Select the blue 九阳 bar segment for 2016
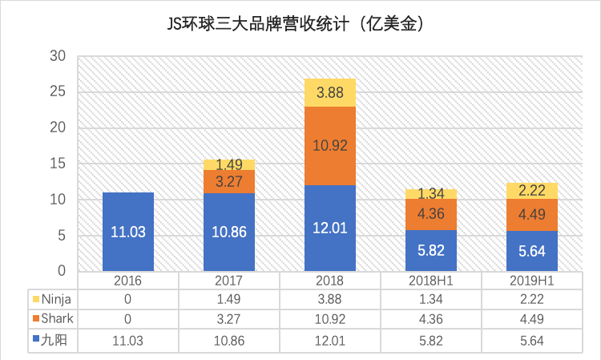(x=128, y=232)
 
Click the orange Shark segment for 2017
(x=229, y=182)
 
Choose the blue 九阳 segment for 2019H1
(x=532, y=250)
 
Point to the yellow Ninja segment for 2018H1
(x=431, y=194)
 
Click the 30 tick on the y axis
(x=57, y=56)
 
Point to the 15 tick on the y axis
(x=57, y=164)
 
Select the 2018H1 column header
(x=431, y=281)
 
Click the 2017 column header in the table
(x=229, y=281)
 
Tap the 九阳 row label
(x=55, y=339)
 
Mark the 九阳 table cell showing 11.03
(x=128, y=339)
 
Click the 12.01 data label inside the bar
(x=330, y=228)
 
